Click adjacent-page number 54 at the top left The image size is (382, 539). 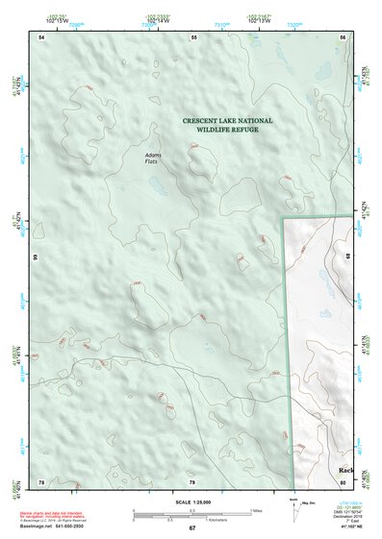pos(42,37)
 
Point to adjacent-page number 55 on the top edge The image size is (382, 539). pos(193,37)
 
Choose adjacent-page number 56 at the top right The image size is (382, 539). pos(343,37)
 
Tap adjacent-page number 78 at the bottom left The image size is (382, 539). pos(42,480)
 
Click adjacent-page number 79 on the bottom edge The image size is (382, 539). pos(192,480)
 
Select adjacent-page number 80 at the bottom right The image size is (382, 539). pos(343,480)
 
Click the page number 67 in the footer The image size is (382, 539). pos(192,528)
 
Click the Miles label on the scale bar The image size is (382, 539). pos(258,509)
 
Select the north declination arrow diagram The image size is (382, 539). pos(298,509)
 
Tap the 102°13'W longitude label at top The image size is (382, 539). pos(257,19)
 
